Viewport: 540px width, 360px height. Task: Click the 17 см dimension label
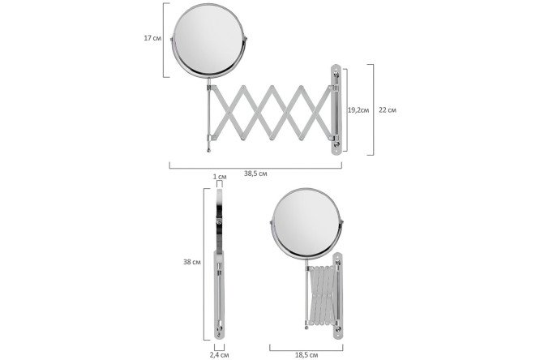(152, 38)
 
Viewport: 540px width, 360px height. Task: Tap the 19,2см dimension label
(358, 110)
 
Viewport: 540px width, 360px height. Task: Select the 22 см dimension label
(388, 110)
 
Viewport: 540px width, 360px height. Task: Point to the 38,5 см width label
(255, 174)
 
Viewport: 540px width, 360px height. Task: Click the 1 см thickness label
(220, 177)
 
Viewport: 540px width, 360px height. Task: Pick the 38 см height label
(192, 262)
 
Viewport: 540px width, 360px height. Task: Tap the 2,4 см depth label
(220, 354)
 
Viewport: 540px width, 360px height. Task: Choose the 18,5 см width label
(306, 354)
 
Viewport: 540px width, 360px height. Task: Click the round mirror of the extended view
(208, 41)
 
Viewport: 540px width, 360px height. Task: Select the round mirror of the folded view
(306, 223)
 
